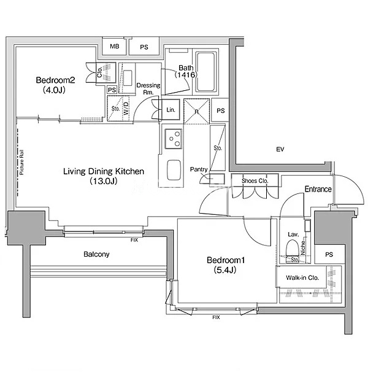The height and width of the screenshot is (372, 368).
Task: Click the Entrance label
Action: [x=318, y=190]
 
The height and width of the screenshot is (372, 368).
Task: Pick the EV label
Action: [x=280, y=149]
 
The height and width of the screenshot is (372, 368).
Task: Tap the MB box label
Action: [x=115, y=47]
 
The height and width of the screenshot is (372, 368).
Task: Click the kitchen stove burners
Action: [x=172, y=139]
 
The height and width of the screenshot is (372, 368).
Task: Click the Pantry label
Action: [x=199, y=169]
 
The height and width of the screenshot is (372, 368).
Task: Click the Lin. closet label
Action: [x=171, y=110]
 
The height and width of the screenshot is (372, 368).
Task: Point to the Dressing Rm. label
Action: [x=148, y=89]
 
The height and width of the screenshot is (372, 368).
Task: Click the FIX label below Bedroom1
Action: [x=216, y=317]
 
